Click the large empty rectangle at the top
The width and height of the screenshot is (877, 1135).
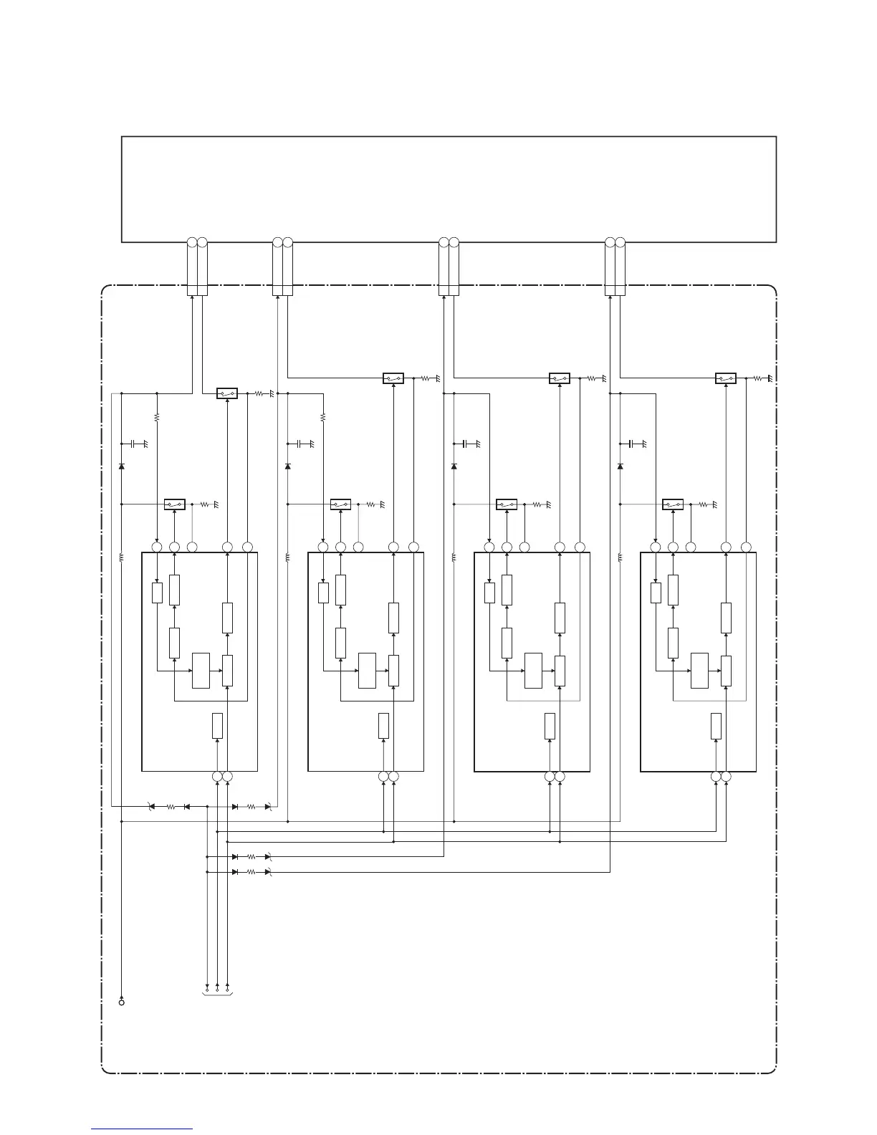(x=449, y=188)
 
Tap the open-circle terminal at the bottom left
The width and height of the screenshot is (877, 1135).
(x=122, y=1002)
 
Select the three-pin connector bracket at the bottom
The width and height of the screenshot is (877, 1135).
(x=217, y=994)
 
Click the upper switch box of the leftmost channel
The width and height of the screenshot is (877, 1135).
(x=227, y=393)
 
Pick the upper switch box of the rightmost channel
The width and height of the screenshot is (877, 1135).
(x=726, y=378)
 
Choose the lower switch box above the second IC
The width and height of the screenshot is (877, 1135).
(x=340, y=504)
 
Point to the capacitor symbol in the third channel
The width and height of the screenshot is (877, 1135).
(x=466, y=444)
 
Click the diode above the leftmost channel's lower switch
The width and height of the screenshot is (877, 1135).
(x=122, y=466)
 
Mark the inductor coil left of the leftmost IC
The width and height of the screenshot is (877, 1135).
(x=122, y=557)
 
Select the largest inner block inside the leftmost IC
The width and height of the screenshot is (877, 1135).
(x=201, y=671)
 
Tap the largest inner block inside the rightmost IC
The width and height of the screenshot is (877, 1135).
(x=700, y=671)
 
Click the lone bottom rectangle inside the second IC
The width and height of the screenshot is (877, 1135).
(x=384, y=726)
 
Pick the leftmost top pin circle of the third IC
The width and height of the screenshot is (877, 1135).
(x=489, y=547)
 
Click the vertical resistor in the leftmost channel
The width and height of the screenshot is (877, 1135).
(x=156, y=416)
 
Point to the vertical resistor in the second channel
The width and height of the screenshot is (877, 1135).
(x=323, y=416)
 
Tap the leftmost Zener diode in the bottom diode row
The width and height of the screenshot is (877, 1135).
(x=151, y=807)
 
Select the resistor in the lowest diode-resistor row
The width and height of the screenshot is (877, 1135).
(x=251, y=872)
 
